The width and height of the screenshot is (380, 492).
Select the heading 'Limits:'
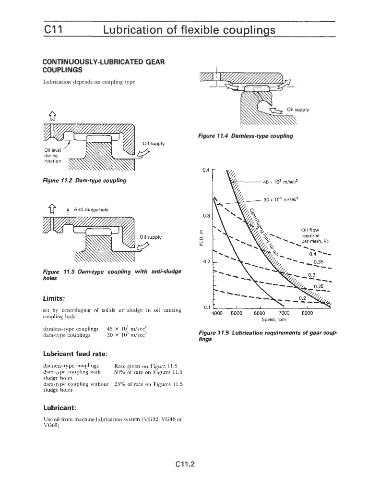(x=57, y=298)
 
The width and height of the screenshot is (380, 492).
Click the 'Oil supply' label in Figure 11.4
(x=297, y=109)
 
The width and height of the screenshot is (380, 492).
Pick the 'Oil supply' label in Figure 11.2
(x=154, y=143)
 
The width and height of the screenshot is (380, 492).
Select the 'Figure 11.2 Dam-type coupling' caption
(x=84, y=180)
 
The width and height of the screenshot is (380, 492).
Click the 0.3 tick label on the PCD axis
(x=207, y=216)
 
